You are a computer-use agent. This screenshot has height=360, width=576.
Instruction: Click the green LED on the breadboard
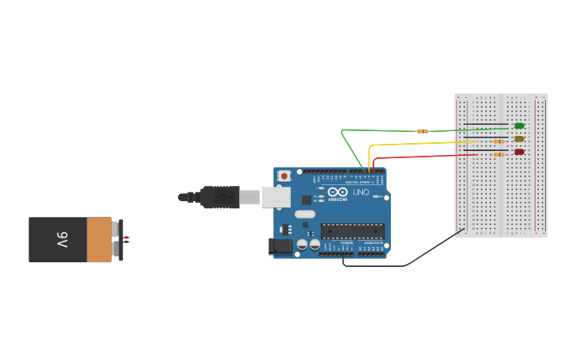tap(519, 126)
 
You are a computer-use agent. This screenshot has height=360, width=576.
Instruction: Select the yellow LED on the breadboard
tap(519, 138)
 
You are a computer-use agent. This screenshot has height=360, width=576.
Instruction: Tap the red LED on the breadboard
tap(519, 152)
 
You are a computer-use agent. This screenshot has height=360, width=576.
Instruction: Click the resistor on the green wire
tap(423, 131)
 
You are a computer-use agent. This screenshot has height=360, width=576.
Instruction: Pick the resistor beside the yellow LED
tap(498, 141)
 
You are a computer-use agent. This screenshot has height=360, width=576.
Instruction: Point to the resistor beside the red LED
tap(498, 154)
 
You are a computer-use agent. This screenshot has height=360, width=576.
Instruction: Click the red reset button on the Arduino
tap(284, 176)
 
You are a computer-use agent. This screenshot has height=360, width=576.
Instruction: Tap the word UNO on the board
tap(361, 192)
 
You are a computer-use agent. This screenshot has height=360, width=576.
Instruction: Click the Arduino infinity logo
tap(338, 192)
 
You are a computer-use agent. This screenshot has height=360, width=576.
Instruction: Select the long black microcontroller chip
tap(353, 231)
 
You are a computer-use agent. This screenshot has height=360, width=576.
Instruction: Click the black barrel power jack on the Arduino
tap(280, 246)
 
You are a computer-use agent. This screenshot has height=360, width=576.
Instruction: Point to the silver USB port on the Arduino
tap(275, 197)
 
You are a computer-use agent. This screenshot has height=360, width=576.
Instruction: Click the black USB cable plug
tap(219, 197)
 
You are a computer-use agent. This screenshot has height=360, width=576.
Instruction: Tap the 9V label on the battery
tap(61, 239)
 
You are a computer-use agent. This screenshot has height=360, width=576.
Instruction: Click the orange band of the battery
tap(99, 240)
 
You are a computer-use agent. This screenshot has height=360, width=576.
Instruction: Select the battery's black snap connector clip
tap(120, 239)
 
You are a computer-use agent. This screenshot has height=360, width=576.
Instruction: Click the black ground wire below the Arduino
tap(381, 265)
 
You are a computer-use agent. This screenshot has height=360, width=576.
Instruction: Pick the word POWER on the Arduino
tap(346, 242)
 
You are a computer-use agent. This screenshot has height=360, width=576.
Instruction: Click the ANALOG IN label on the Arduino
tap(373, 242)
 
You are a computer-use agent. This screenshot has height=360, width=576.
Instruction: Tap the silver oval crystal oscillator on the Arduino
tap(305, 214)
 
